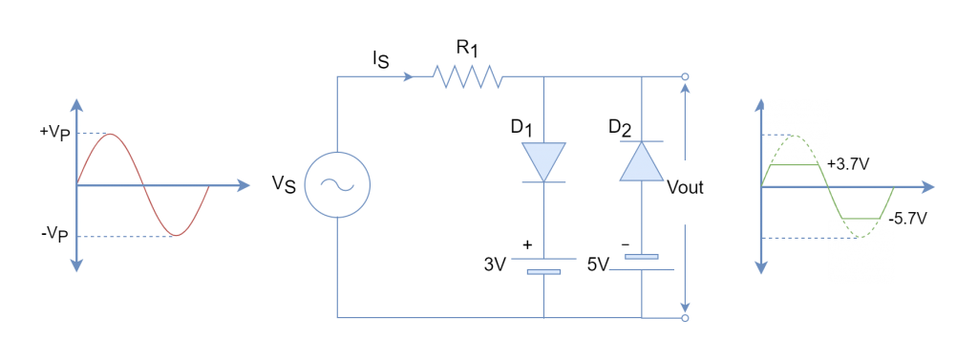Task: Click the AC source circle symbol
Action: tap(337, 185)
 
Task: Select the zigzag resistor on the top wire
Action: tap(467, 76)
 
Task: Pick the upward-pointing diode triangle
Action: tap(641, 161)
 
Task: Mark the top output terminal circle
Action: tap(685, 76)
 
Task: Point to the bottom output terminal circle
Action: tap(685, 318)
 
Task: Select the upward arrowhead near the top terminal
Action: tap(685, 89)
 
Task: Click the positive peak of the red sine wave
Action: tap(112, 134)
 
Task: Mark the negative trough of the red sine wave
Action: tap(176, 236)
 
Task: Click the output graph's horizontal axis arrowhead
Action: tap(928, 187)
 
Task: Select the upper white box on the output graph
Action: tap(796, 131)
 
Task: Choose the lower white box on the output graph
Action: tap(861, 252)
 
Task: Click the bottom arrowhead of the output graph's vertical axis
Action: tap(761, 267)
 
